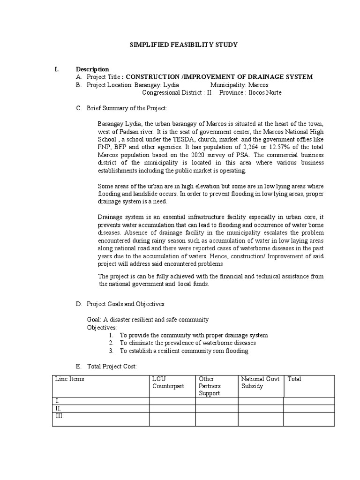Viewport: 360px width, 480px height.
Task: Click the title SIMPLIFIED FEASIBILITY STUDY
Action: click(183, 45)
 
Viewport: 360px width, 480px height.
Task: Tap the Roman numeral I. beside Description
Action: click(57, 69)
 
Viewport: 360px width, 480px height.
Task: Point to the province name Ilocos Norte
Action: click(265, 92)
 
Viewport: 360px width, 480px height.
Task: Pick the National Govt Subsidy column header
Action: click(260, 382)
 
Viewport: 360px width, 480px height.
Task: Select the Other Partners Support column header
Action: click(210, 386)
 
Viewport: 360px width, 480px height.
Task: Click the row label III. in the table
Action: click(59, 416)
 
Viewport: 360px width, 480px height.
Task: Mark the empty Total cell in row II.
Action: click(309, 408)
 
